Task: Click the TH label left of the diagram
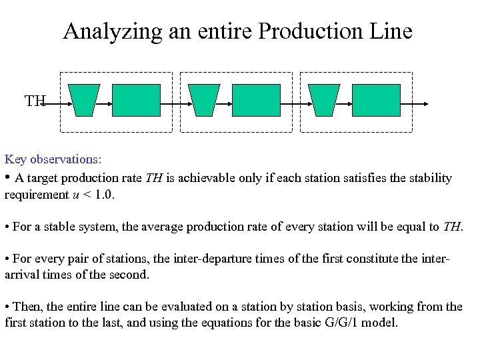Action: pos(35,101)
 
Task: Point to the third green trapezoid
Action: pos(325,100)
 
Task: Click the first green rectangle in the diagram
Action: pos(136,100)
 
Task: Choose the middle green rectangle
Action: pos(256,100)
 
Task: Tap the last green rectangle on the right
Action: pos(376,100)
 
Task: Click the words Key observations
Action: pos(53,159)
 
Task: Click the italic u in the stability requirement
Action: pos(75,195)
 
